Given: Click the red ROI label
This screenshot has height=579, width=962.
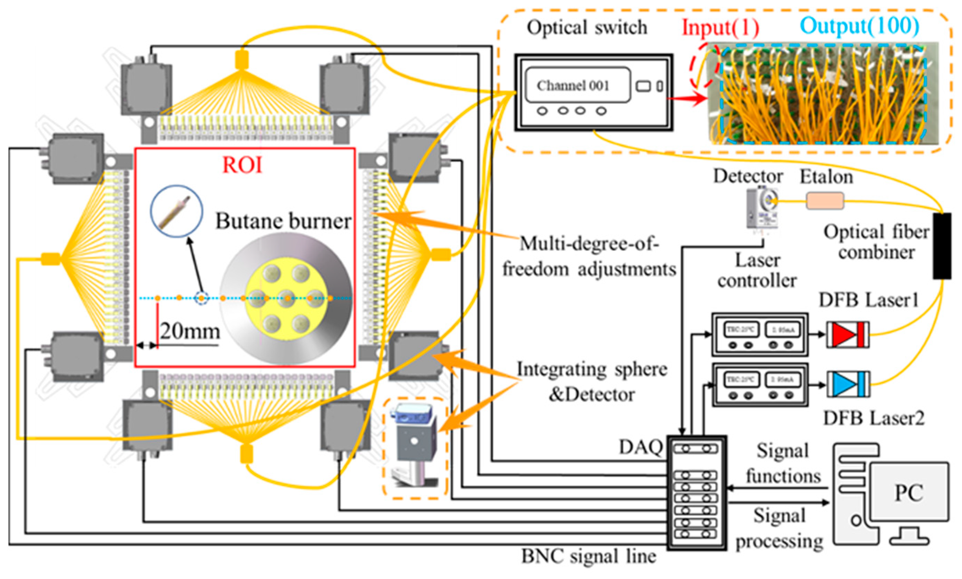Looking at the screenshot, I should [242, 165].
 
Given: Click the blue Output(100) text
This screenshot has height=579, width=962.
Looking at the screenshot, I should [859, 26].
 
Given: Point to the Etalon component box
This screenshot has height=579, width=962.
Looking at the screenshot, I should [825, 201].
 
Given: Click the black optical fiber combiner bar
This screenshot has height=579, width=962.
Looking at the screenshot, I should [942, 246].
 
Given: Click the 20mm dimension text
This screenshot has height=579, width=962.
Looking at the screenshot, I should [190, 332].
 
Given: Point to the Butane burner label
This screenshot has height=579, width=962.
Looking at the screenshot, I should [283, 221].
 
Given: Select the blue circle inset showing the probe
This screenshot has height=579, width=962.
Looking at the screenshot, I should [177, 211].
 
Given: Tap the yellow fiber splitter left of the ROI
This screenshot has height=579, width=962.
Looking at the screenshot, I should [51, 259].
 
